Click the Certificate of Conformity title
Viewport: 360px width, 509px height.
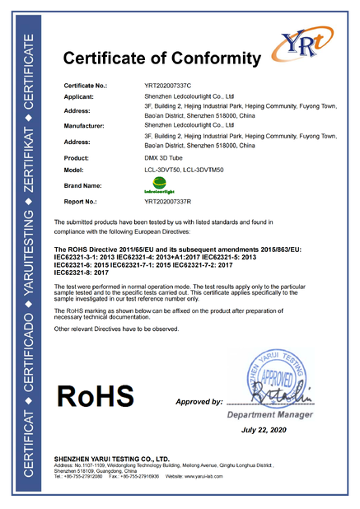[161, 58]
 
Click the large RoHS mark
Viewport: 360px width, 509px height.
[94, 396]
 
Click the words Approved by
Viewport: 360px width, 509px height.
[199, 402]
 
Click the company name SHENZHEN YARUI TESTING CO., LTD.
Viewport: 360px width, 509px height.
[112, 458]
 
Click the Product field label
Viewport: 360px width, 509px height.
[77, 156]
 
